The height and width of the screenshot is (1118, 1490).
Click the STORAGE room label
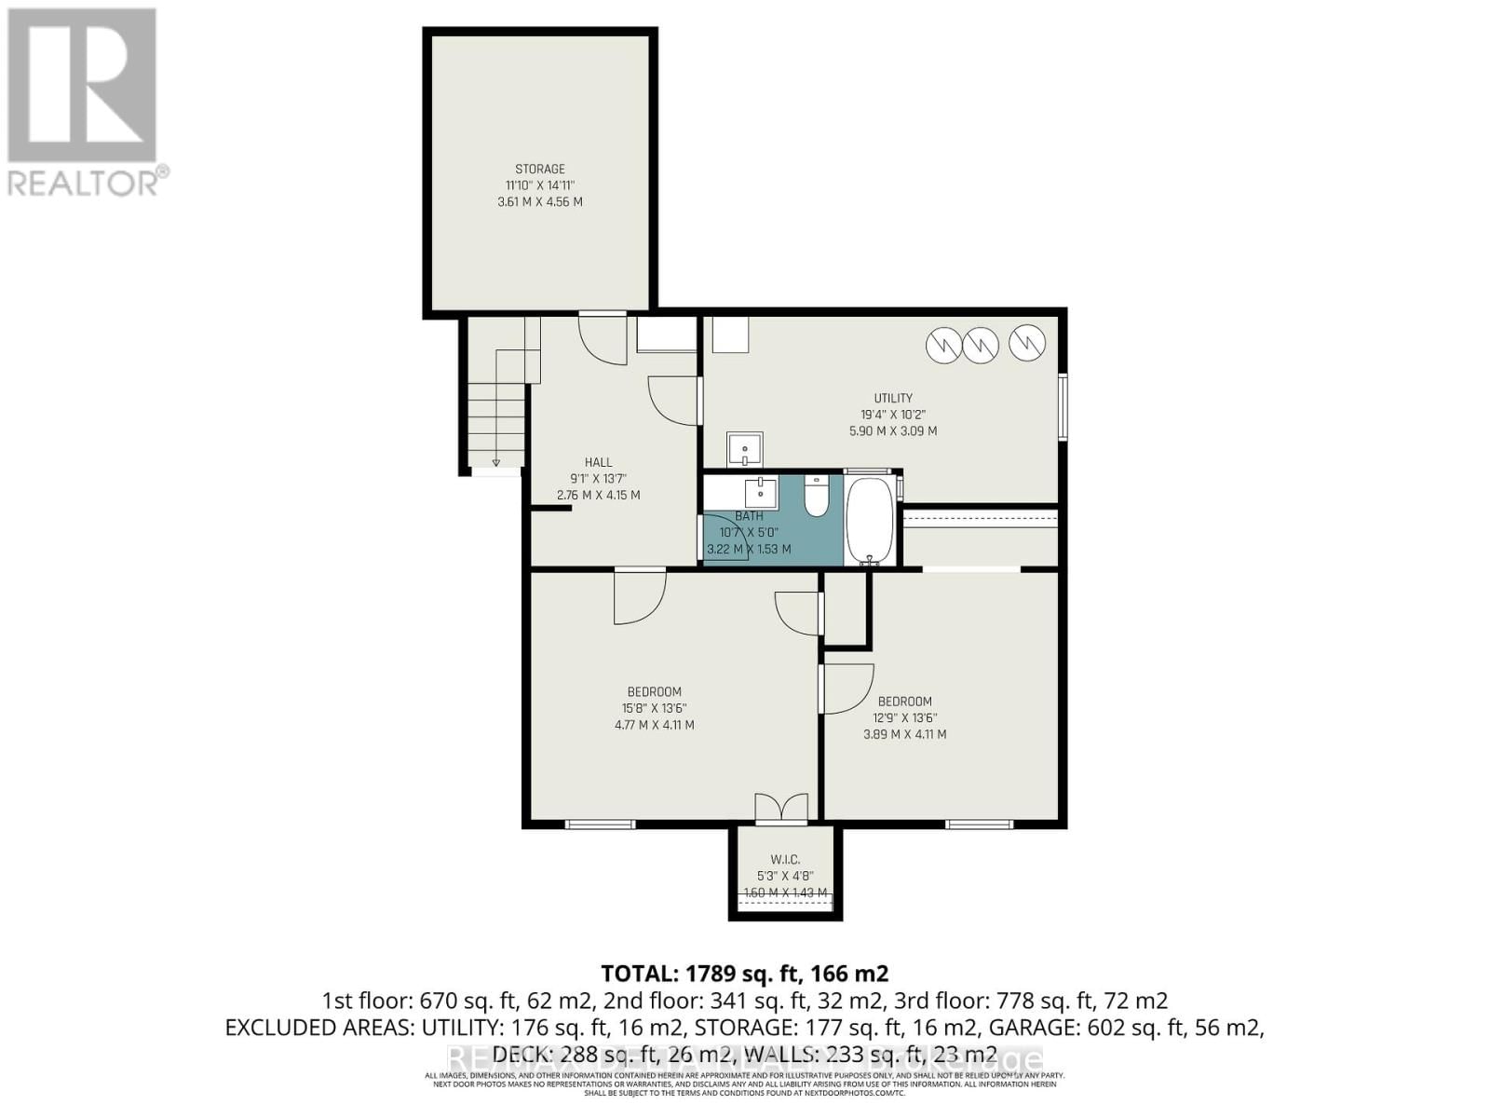540,169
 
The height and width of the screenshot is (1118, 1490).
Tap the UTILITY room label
893,398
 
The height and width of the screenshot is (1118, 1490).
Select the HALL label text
598,462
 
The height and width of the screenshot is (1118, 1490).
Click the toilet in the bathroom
816,497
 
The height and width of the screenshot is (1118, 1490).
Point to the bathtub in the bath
870,522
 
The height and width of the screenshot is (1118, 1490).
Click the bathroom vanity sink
761,492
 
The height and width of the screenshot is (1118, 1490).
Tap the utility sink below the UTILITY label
745,450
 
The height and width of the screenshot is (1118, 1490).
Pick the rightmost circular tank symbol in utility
1027,344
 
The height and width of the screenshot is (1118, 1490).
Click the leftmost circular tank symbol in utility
943,346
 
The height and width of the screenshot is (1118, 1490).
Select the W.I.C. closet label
784,859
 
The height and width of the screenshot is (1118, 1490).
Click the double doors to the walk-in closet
780,808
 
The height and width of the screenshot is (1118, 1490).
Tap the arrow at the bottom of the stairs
495,462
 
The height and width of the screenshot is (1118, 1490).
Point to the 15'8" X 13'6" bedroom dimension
654,708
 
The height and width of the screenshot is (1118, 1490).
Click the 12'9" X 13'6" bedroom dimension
904,717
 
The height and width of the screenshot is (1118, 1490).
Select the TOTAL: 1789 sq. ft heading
744,974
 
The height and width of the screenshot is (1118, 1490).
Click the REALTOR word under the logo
84,183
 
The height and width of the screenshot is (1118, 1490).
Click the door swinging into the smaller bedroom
846,688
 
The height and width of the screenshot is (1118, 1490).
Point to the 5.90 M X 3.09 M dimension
892,431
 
